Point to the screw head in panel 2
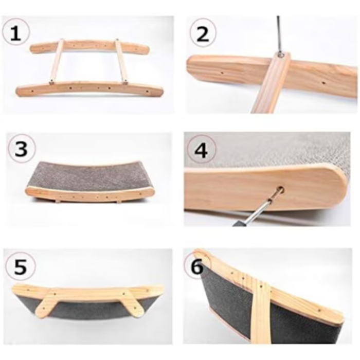pyautogui.click(x=280, y=54)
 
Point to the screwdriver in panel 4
pyautogui.click(x=257, y=211)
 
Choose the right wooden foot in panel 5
pyautogui.click(x=135, y=303)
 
